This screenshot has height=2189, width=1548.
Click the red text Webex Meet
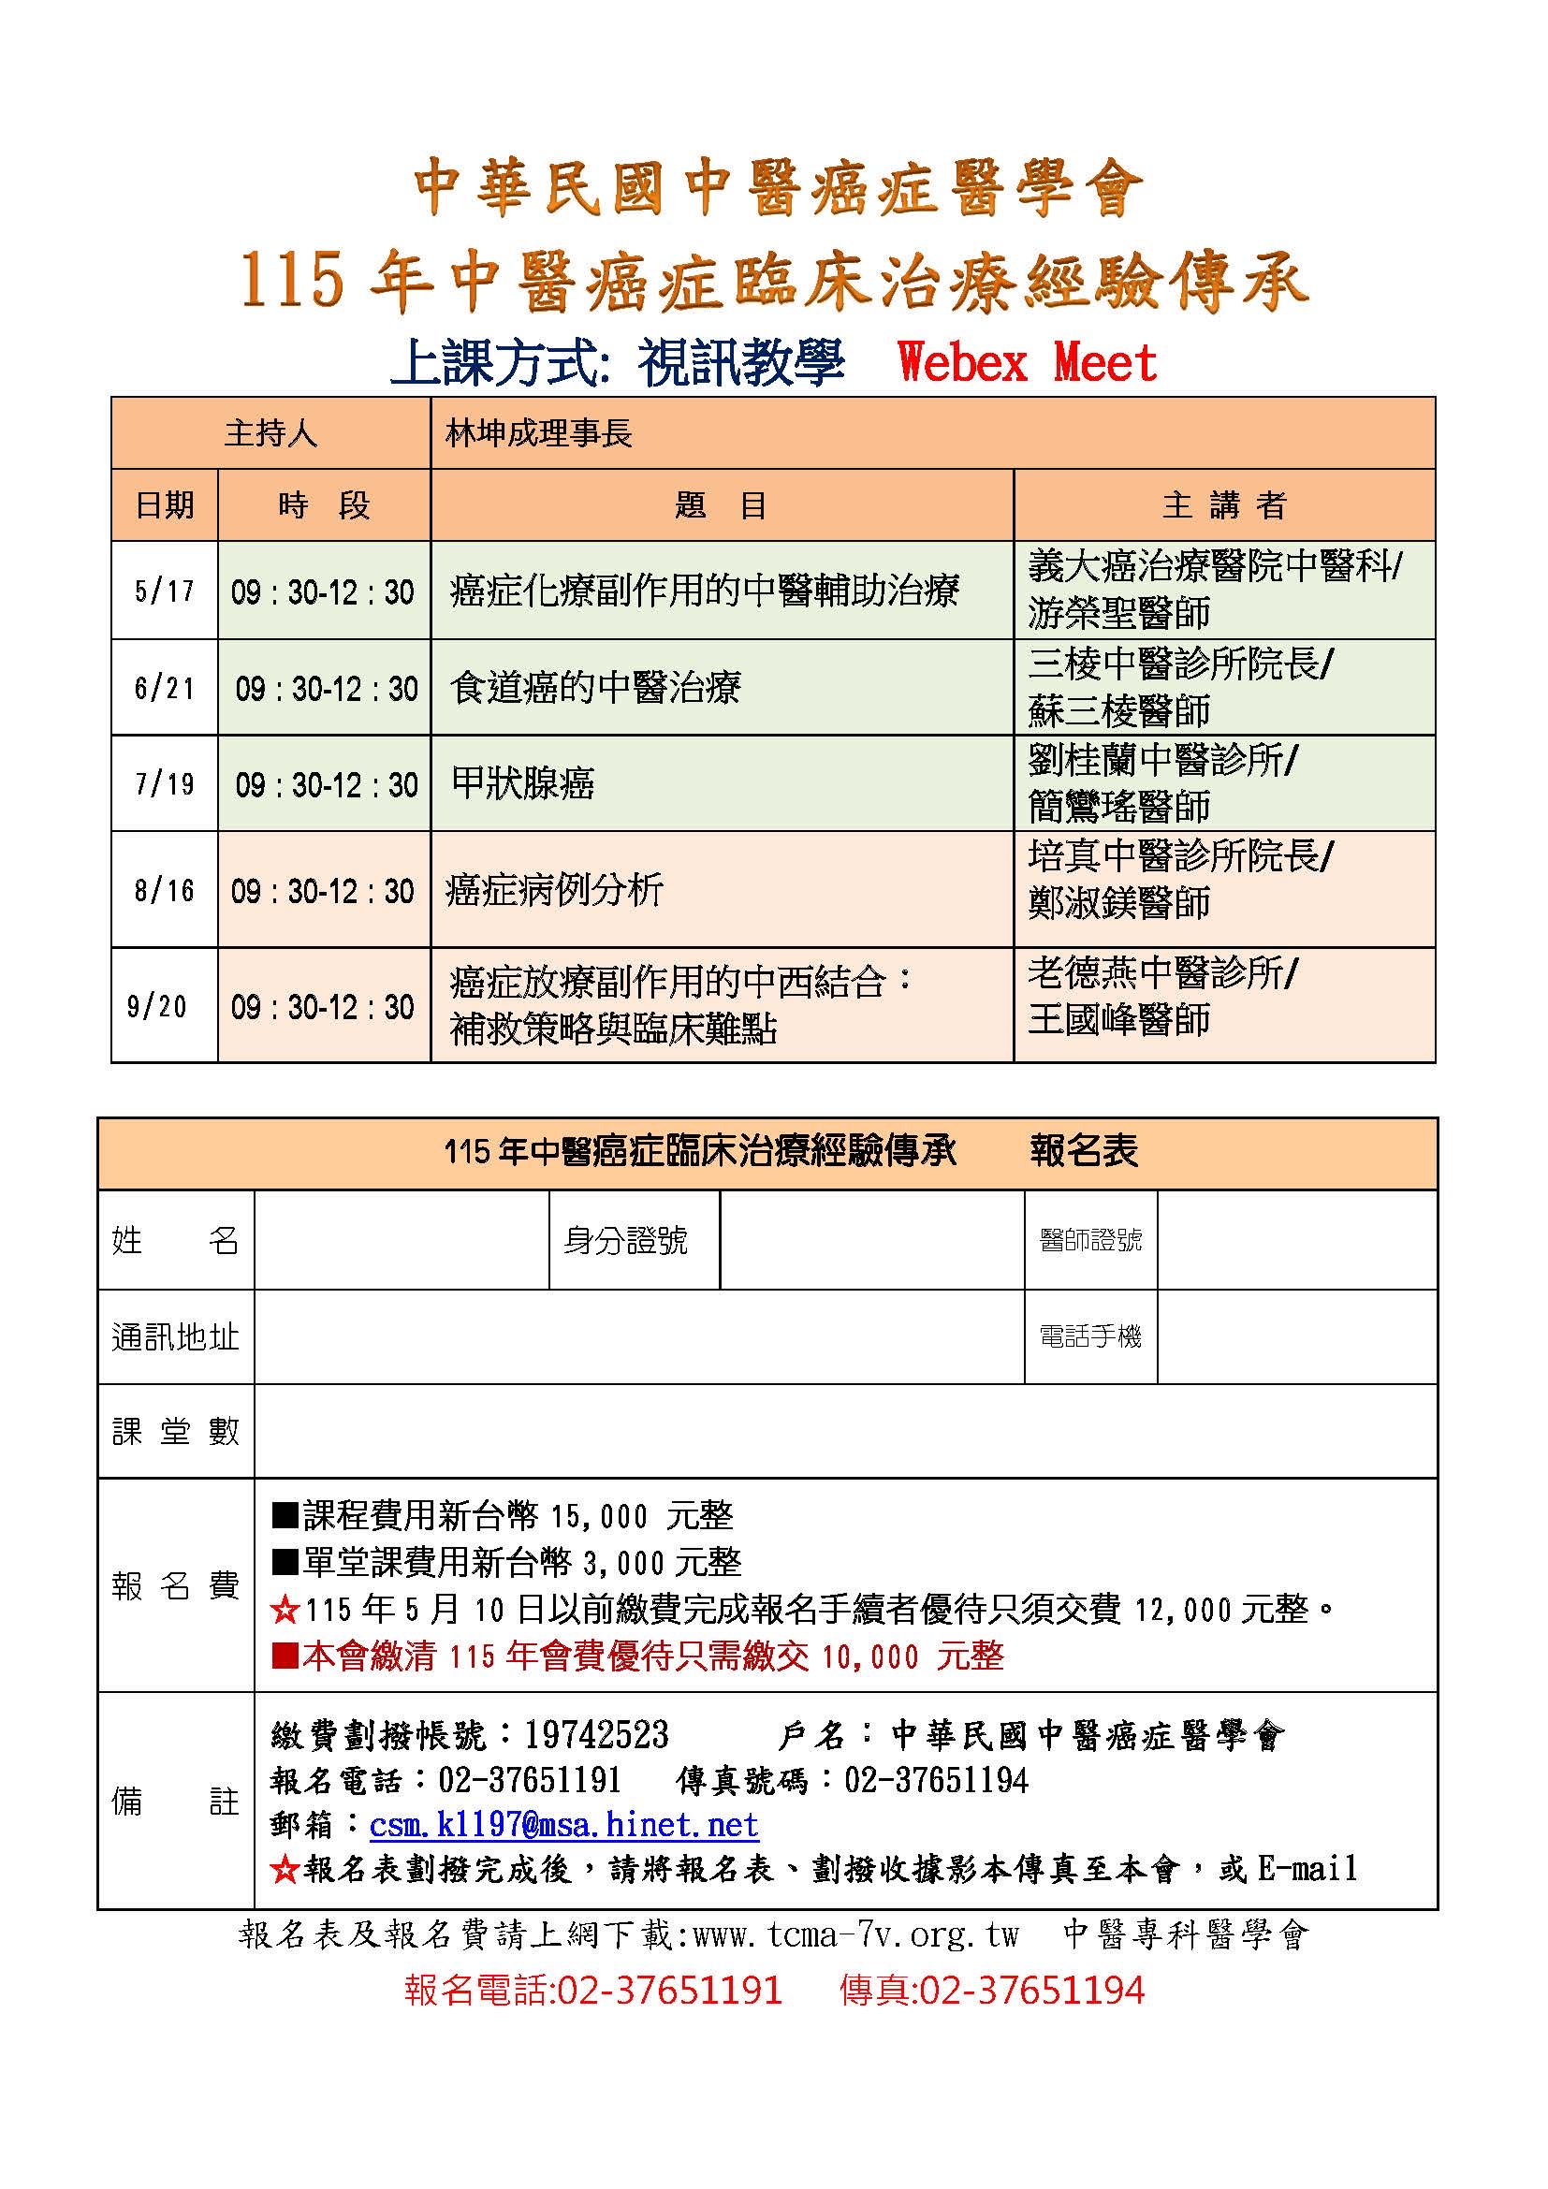point(1027,363)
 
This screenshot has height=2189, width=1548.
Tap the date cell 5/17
point(164,591)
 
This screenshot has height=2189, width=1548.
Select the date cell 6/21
point(164,688)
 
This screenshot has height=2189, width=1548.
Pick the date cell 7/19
point(164,783)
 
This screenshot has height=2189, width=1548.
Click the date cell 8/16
point(164,890)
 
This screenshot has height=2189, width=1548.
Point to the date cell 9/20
point(157,1006)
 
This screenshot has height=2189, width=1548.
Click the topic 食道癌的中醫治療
point(595,688)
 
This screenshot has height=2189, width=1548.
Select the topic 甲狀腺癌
point(522,783)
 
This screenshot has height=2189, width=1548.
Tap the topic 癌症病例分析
point(554,890)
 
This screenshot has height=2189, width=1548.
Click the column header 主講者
point(1224,505)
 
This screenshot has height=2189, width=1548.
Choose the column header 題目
point(721,505)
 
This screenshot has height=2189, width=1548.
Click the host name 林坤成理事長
point(538,434)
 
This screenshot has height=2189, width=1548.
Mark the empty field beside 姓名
point(402,1239)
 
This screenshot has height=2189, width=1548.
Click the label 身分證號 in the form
point(625,1240)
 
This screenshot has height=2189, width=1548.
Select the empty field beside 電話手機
point(1296,1336)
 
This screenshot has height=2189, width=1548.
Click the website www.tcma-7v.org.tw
point(855,1934)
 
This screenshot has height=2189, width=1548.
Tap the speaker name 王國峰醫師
point(1118,1020)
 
